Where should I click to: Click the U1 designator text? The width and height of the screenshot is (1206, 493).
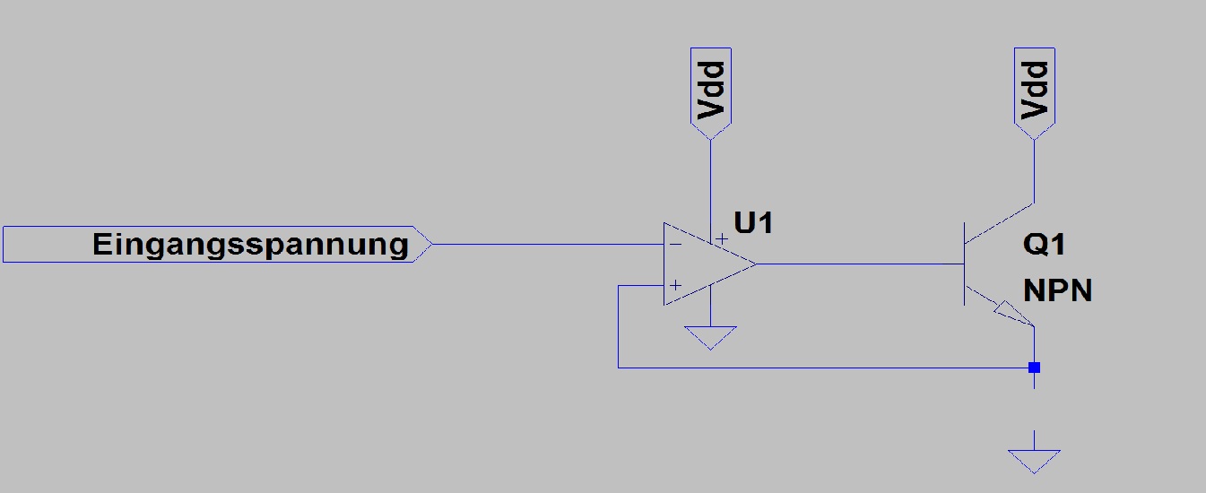753,223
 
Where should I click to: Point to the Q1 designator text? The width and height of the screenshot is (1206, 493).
1044,245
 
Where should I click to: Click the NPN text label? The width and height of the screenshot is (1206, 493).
1057,290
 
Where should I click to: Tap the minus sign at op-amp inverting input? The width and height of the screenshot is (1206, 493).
675,245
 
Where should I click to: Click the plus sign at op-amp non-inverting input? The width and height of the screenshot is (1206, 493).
675,285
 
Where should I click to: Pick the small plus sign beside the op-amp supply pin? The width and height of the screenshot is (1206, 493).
722,238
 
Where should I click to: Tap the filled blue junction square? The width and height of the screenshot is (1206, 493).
1034,368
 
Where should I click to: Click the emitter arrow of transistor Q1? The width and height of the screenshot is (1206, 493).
1010,313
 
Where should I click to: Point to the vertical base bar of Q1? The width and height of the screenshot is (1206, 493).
964,264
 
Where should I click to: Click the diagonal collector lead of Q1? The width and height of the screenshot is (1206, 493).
999,223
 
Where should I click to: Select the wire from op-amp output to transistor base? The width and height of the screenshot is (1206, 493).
861,264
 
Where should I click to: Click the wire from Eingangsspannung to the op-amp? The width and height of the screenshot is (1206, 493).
548,245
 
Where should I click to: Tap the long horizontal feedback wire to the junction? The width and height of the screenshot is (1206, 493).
826,368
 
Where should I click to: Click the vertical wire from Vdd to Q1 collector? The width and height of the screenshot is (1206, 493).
1034,172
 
